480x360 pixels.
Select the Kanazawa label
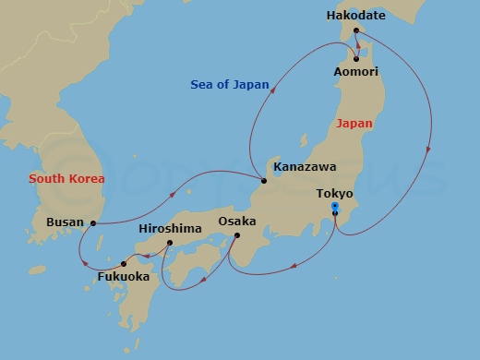[305, 167]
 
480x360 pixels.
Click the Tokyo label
[334, 194]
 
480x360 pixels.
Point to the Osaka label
[237, 222]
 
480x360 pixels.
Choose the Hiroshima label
[169, 228]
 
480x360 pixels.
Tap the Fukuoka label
[125, 276]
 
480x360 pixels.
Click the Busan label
[65, 222]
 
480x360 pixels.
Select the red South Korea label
[66, 178]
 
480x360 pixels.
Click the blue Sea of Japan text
[230, 85]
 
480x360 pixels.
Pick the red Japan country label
[355, 123]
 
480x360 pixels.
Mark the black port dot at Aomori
[356, 59]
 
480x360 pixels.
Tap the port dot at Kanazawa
[264, 180]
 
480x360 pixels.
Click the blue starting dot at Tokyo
[334, 206]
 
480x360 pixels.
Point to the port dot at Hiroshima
[170, 243]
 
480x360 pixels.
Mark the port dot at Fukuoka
[124, 264]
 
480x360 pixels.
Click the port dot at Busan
[93, 222]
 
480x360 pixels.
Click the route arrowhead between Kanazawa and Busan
[173, 195]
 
